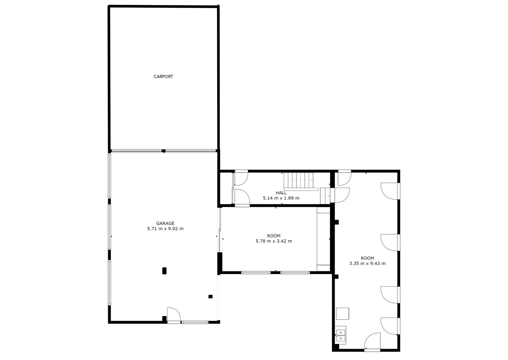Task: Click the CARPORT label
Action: pos(163,77)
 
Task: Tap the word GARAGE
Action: pos(165,223)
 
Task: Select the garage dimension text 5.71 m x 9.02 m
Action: pos(165,229)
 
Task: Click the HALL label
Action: pos(281,193)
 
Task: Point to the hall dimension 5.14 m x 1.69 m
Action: pos(281,198)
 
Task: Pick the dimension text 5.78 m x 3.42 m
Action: pos(274,241)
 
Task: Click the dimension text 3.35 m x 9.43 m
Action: pos(367,263)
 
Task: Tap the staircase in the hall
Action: pos(299,181)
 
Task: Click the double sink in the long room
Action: pos(341,335)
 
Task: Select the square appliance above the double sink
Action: pos(342,314)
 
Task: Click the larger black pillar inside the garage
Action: pos(164,271)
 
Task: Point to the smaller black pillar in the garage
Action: pos(210,296)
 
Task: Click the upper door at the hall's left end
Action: pos(241,178)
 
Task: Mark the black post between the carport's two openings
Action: pos(163,151)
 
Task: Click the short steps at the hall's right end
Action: pos(325,196)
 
